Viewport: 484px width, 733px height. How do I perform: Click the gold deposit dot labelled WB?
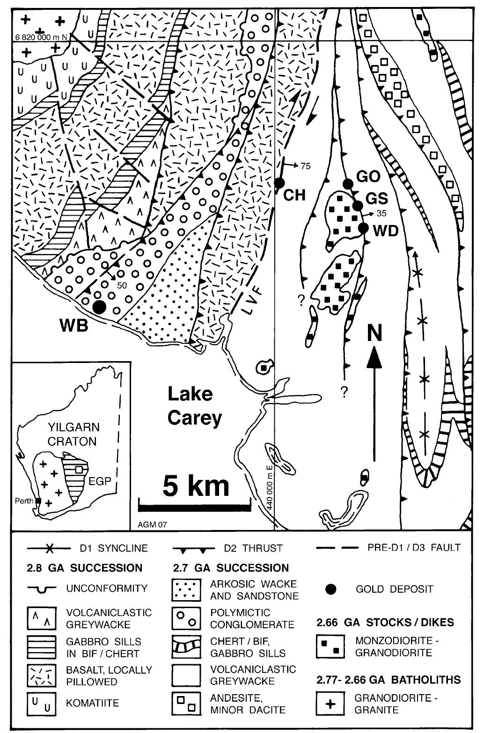[99, 307]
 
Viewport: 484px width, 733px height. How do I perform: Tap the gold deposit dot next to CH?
[280, 182]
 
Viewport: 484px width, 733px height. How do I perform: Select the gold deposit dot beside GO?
[348, 183]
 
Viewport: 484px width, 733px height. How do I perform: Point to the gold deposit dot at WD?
[364, 228]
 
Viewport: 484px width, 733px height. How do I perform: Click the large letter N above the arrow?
[374, 334]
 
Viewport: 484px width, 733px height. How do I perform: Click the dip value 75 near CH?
[305, 166]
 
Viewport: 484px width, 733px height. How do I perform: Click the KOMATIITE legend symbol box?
[41, 703]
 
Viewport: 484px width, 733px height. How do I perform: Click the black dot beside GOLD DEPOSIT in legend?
[331, 589]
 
